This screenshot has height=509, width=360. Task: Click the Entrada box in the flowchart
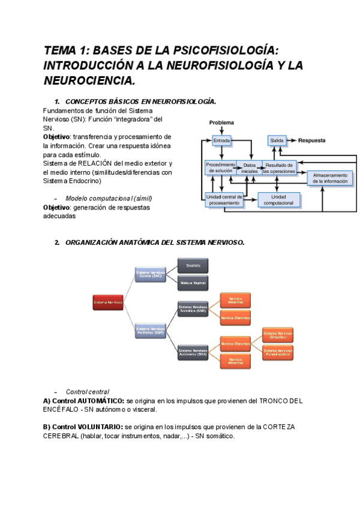221,140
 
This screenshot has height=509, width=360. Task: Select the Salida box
277,140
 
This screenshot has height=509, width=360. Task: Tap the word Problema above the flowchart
221,122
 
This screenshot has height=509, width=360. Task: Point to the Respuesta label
312,140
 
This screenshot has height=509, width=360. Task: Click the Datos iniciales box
250,168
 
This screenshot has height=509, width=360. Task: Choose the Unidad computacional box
278,200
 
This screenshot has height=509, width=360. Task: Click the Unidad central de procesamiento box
224,200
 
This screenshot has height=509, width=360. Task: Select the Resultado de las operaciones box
279,168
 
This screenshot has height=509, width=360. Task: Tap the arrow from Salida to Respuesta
293,140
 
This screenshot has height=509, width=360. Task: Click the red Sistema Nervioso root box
108,303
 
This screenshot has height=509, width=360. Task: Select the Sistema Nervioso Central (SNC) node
149,274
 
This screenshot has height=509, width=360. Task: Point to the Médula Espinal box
193,280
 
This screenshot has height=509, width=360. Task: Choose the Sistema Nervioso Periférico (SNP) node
149,331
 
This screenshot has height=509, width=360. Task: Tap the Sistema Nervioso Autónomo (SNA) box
193,352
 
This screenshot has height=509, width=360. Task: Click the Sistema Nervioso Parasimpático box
278,352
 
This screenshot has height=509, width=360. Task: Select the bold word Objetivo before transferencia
56,136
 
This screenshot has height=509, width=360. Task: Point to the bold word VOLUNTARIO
98,427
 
